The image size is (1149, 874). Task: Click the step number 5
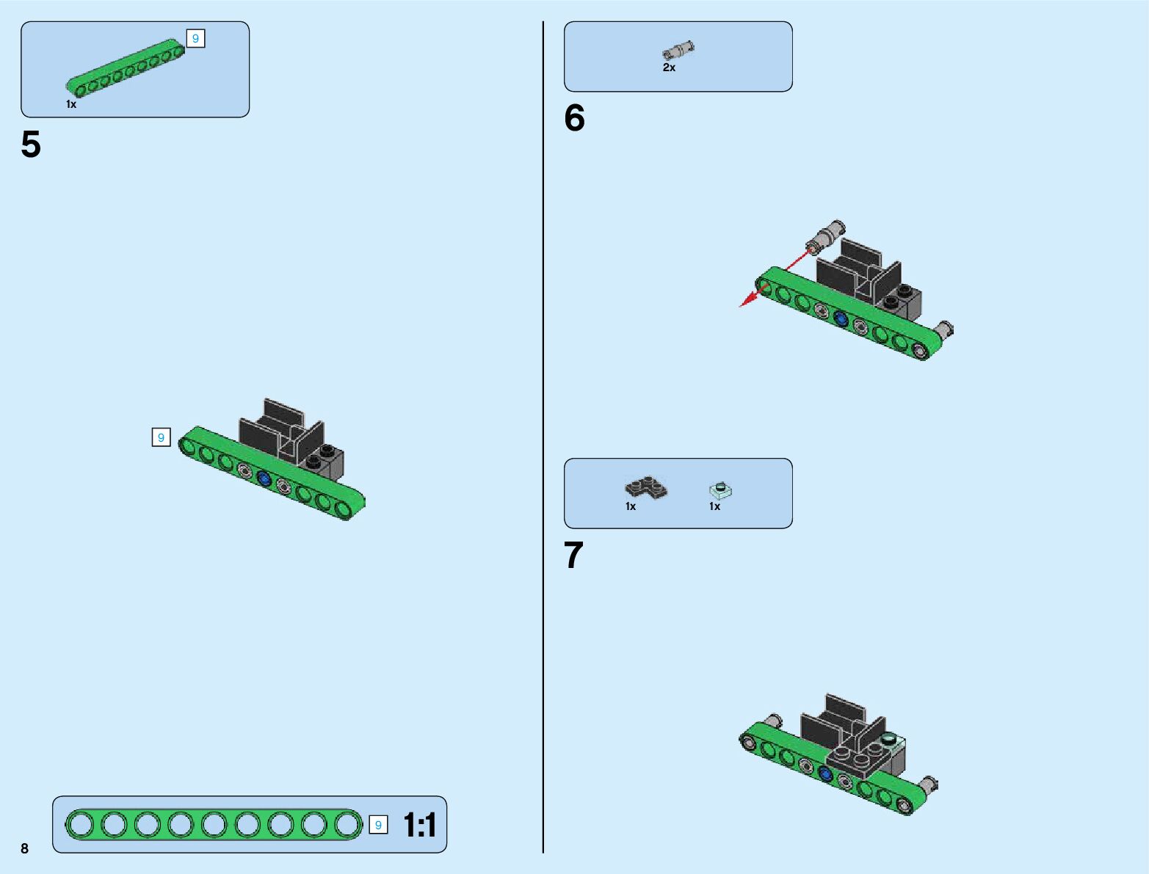[x=31, y=145]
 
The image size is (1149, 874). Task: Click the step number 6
[x=574, y=118]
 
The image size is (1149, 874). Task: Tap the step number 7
[x=573, y=556]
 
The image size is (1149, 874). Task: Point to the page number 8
[x=24, y=848]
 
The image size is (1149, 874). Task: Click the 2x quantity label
[x=669, y=68]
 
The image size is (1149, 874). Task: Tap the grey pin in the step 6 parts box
[x=678, y=50]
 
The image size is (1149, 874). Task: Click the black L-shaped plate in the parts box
[x=646, y=487]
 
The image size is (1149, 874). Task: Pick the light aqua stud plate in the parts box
[x=722, y=489]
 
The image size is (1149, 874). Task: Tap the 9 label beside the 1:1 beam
[x=378, y=825]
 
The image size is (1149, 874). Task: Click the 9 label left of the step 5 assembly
[x=161, y=437]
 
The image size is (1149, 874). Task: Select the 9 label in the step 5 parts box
[x=195, y=38]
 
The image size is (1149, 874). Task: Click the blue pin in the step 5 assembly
[x=264, y=480]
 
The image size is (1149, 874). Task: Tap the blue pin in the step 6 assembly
[x=841, y=318]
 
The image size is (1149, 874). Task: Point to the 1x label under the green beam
[x=71, y=104]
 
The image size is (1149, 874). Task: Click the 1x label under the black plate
[x=631, y=506]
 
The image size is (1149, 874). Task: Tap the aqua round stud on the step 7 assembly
[x=890, y=738]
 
